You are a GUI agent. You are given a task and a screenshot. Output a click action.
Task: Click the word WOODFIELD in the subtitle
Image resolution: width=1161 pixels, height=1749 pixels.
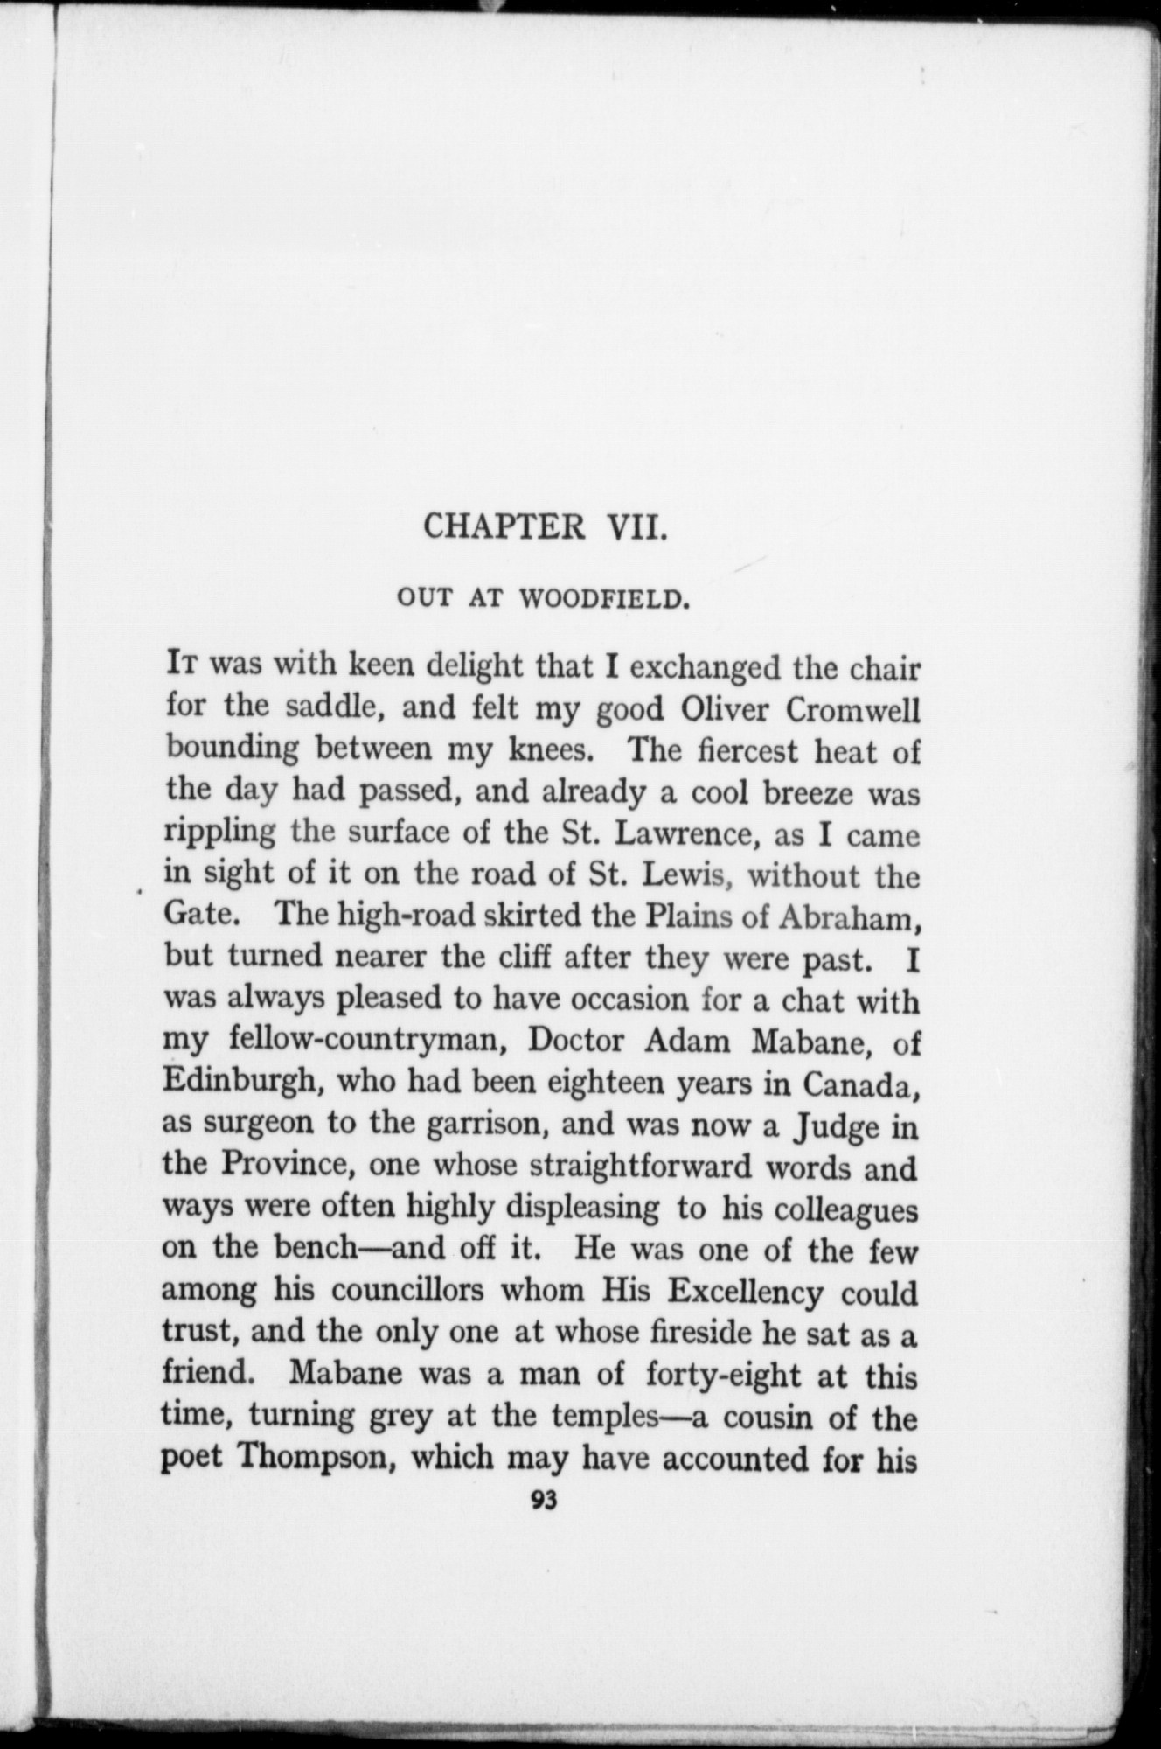[601, 600]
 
